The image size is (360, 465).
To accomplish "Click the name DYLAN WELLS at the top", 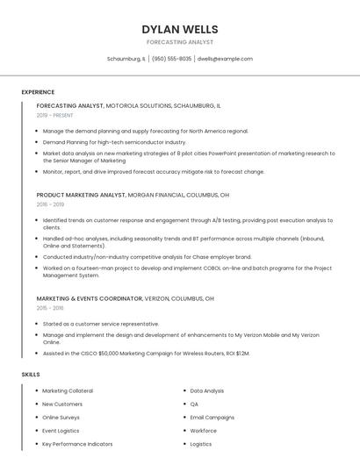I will point(179,29).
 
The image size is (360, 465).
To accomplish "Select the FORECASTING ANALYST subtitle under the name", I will point(179,42).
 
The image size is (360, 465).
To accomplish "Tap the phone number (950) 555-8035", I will point(171,59).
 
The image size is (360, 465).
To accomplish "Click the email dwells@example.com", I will point(225,59).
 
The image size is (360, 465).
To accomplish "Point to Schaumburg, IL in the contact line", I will point(126,59).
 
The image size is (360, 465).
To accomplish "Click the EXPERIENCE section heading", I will point(38,91).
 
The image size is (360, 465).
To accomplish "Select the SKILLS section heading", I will point(31,375).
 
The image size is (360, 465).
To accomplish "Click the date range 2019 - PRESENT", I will point(54,115).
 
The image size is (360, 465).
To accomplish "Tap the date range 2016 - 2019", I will point(50,204).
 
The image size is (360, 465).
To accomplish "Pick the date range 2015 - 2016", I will point(50,308).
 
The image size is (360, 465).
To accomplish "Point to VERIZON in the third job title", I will point(158,298).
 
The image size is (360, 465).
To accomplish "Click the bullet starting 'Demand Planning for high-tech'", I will point(114,141).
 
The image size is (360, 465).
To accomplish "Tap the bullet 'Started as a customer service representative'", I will point(100,324).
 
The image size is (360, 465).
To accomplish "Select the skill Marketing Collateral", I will point(68,390).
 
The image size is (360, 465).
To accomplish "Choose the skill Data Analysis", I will point(207,390).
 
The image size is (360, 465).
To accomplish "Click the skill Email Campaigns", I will point(212,418).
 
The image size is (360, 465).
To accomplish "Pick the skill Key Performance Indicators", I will point(77,444).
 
